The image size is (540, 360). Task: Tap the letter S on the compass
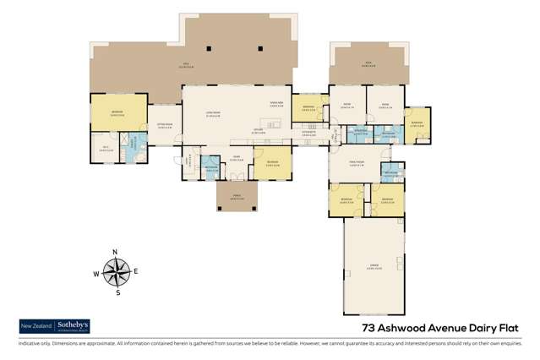pyautogui.click(x=117, y=293)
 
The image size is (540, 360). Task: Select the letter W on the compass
pyautogui.click(x=96, y=274)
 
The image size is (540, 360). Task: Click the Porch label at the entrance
pyautogui.click(x=236, y=197)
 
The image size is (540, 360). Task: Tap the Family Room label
pyautogui.click(x=357, y=163)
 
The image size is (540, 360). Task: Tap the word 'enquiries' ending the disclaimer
pyautogui.click(x=521, y=345)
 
